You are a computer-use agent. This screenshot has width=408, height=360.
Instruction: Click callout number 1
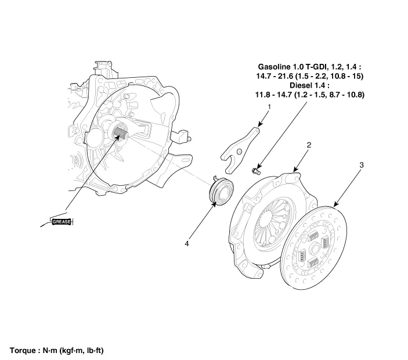coord(269,107)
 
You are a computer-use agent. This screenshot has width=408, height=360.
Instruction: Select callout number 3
coord(361,165)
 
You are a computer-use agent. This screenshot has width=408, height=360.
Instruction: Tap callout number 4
coord(187,244)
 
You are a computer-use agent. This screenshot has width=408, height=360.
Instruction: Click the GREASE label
coord(62,221)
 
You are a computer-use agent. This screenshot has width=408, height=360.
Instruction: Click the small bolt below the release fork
coord(255,170)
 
